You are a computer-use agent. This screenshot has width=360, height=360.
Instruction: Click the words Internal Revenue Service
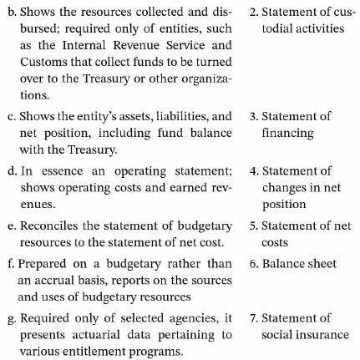(140, 48)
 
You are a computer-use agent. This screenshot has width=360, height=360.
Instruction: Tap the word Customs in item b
(39, 63)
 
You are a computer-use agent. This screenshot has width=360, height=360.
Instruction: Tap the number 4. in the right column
(256, 171)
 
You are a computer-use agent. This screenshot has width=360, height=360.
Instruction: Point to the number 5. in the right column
(256, 226)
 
